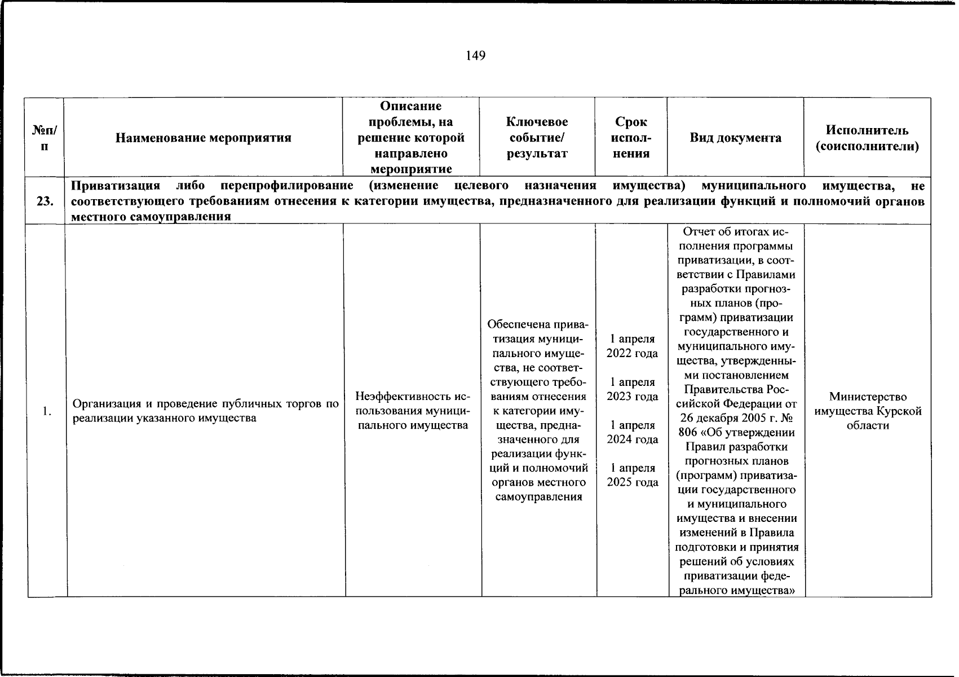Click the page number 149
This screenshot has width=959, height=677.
coord(475,55)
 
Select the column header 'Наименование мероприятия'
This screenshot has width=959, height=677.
coord(203,138)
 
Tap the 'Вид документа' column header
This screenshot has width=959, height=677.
coord(735,138)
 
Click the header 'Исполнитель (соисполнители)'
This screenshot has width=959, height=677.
coord(867,138)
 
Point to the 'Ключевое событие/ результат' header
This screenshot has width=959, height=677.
coord(537,138)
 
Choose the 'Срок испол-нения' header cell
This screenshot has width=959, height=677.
coord(631,138)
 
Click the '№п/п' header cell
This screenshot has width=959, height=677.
coord(45,138)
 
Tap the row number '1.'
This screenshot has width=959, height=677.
coord(47,411)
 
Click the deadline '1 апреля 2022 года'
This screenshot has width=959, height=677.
coord(632,346)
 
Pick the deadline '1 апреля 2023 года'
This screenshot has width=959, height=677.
coord(632,389)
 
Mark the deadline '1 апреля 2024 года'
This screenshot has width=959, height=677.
coord(632,432)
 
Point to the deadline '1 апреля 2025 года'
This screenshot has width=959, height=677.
coord(632,475)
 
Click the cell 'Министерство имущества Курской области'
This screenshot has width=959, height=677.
coord(868,411)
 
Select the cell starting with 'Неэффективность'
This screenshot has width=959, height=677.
coord(413,411)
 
